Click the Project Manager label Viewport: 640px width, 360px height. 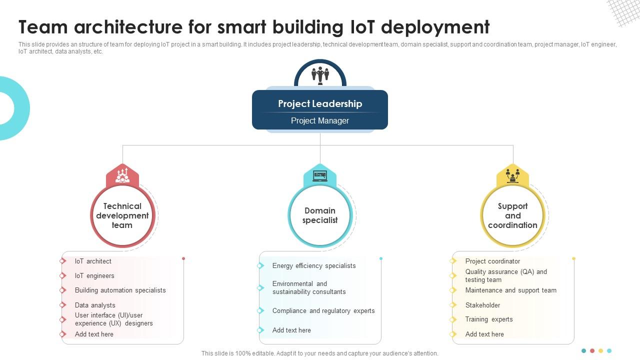coord(320,120)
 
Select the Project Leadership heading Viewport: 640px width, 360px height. coord(320,103)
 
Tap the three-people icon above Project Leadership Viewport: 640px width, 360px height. coord(320,75)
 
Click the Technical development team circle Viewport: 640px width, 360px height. coord(122,215)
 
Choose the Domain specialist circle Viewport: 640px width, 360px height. coord(320,215)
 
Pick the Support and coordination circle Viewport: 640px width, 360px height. coord(512,215)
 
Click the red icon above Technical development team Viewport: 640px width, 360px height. coord(122,175)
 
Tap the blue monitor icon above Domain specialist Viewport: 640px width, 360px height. coord(320,175)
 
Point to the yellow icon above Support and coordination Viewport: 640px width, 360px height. coord(512,175)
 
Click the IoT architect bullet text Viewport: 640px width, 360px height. coord(93,261)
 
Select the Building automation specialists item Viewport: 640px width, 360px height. coord(120,290)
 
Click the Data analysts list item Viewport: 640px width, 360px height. coord(95,305)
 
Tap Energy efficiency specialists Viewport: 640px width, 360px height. coord(314,265)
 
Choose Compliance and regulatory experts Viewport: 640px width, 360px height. coord(323,310)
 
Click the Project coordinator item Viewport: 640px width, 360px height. coord(492,261)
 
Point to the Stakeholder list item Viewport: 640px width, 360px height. coord(482,305)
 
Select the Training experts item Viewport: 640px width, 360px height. coord(489,319)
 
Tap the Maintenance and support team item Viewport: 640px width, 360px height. coord(510,290)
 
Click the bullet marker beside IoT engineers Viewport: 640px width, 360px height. coord(63,275)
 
